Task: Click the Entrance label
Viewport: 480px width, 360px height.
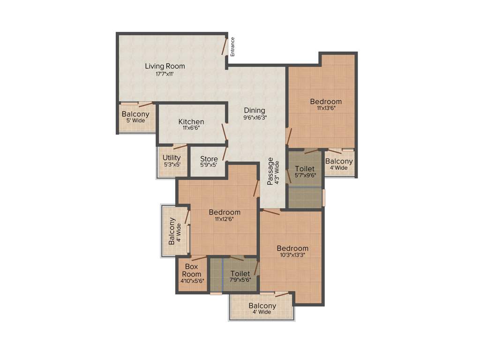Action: [x=232, y=46]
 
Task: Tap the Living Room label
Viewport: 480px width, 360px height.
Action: [x=165, y=66]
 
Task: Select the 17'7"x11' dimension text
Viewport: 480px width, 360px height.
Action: [x=165, y=74]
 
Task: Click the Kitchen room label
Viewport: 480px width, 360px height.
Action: [x=191, y=122]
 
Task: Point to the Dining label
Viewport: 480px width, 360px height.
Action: [x=255, y=111]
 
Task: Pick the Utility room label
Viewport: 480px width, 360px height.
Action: [x=172, y=158]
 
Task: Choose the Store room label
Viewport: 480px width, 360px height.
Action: [x=209, y=159]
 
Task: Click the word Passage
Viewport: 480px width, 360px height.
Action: [x=270, y=171]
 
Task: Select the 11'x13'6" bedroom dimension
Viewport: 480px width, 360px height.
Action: [x=326, y=108]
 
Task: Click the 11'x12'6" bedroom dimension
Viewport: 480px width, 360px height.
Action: [x=225, y=219]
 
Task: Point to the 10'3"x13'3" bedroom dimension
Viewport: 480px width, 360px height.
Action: [x=292, y=255]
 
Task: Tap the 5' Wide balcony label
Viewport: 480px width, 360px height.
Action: [x=135, y=120]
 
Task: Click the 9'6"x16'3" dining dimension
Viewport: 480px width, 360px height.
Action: [x=255, y=118]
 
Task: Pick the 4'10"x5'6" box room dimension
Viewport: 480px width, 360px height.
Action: [x=192, y=281]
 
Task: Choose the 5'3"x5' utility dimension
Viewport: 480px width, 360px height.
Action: [x=172, y=165]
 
